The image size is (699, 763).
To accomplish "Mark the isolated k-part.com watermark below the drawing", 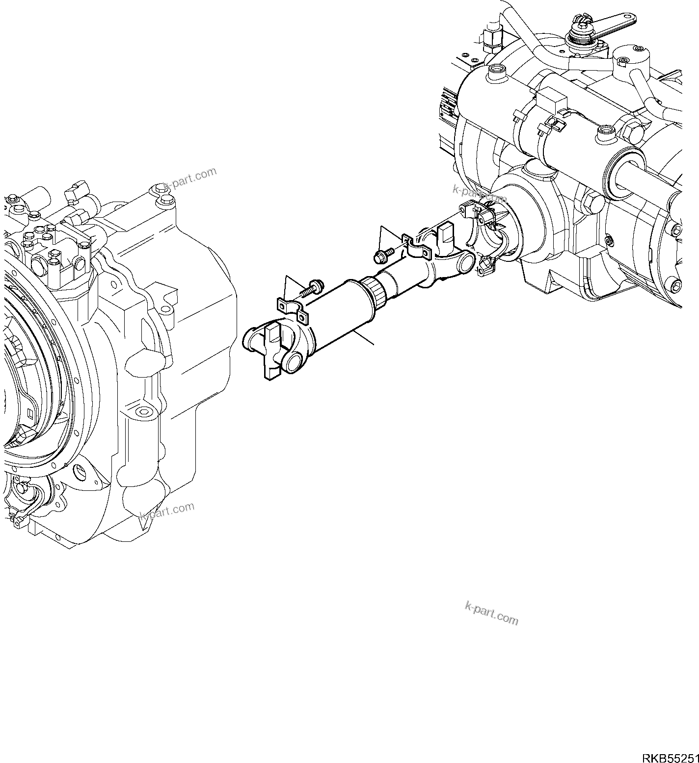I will tap(491, 613).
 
